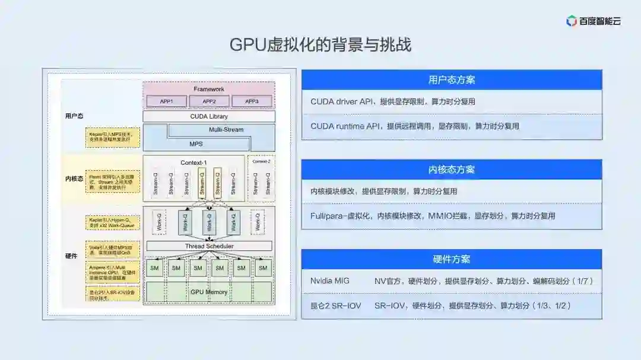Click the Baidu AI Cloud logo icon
(572, 21)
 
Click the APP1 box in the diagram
(166, 101)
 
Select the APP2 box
(209, 101)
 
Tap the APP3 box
(252, 101)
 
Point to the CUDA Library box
(209, 116)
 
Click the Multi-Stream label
(226, 129)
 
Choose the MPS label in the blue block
(196, 144)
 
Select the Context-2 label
(261, 161)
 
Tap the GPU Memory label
(208, 292)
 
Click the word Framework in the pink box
(209, 89)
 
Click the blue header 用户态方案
(452, 79)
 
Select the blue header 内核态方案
(452, 170)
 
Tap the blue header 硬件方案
(452, 259)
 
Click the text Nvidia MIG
(330, 281)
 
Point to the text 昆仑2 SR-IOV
(335, 305)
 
